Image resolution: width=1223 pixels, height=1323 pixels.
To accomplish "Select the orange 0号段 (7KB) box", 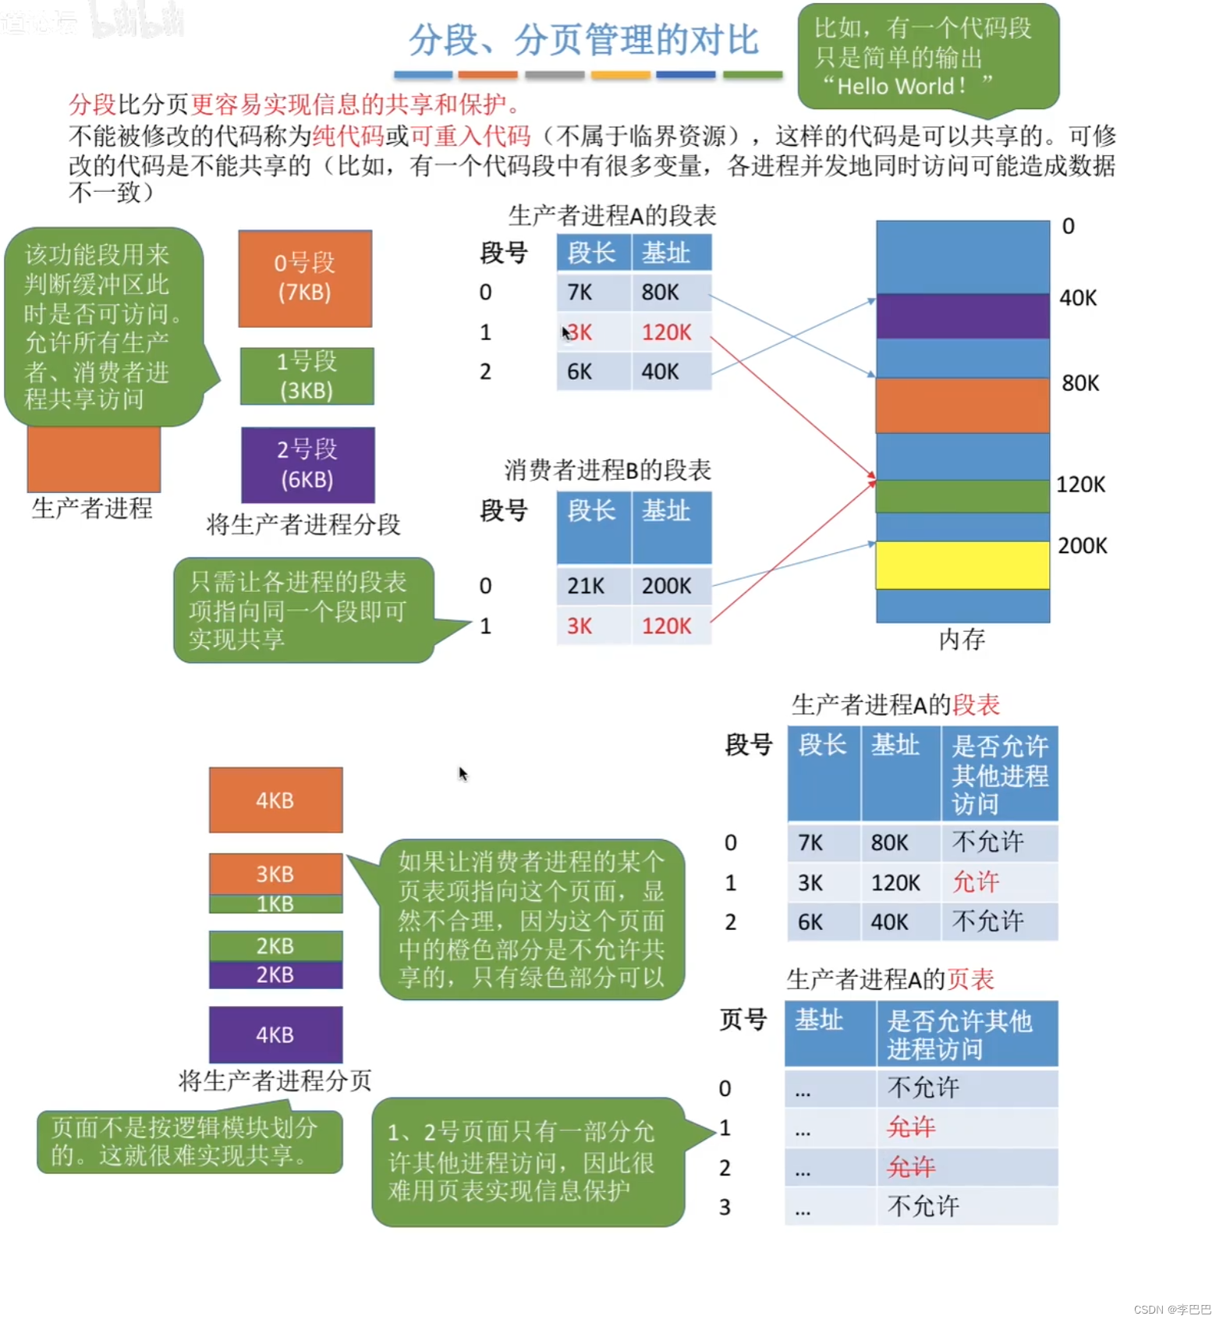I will pos(305,278).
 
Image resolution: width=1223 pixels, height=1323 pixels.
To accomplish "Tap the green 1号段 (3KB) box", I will pos(307,376).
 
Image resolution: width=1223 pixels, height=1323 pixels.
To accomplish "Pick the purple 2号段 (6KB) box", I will pos(307,464).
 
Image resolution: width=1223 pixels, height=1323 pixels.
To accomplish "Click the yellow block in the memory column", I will pos(962,565).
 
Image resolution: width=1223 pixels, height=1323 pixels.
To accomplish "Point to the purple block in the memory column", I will pos(962,316).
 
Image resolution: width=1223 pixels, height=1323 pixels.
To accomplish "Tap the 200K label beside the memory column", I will pos(1082,545).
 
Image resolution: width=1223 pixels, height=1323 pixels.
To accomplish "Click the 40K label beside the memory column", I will pos(1078,298).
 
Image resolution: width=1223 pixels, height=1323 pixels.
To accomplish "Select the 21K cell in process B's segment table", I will pos(586,586).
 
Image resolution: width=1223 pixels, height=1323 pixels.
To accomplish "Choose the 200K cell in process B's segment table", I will pos(666,586).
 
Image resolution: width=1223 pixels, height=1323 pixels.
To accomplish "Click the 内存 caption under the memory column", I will pos(962,640).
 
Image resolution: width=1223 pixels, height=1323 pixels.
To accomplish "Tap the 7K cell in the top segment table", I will pos(580,293).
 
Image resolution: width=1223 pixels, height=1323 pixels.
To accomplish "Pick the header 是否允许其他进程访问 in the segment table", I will pos(999,775).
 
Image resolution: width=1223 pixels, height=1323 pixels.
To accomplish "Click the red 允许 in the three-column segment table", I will pos(975,882).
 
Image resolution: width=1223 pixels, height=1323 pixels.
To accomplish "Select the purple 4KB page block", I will pos(275,1034).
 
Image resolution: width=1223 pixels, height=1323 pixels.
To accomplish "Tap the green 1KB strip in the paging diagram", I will pos(275,904).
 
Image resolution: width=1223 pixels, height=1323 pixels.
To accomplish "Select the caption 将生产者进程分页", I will pos(275,1080).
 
